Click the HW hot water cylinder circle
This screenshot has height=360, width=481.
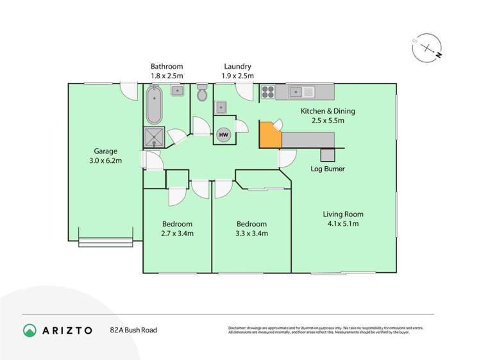pos(223,135)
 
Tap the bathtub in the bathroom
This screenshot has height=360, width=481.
pos(154,106)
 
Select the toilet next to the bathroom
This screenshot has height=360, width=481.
pos(202,94)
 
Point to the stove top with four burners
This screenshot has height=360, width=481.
pos(268,93)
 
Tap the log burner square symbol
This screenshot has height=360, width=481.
pos(327,154)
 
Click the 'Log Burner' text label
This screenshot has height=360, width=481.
pos(327,169)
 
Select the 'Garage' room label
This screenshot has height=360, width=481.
pos(106,151)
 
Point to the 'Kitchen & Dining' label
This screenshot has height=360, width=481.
pos(328,111)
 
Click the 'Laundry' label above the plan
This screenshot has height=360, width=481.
pos(237,66)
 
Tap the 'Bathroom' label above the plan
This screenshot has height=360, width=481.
pos(167,66)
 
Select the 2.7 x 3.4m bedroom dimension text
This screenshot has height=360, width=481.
pos(176,234)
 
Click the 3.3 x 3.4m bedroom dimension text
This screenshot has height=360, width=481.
pos(251,234)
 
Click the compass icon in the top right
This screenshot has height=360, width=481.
pos(426,48)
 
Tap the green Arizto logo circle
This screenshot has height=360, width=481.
pos(30,330)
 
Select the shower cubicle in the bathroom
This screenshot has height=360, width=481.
pos(154,137)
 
